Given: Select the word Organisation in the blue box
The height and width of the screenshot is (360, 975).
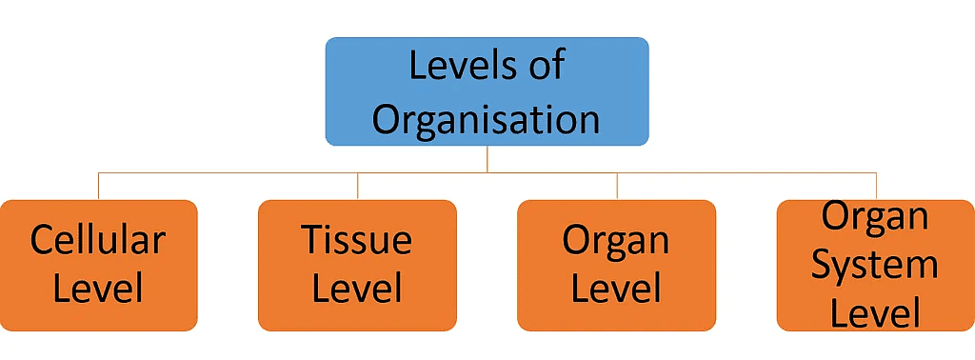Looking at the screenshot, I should click(x=487, y=120).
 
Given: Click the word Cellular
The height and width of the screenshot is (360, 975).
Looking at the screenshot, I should click(x=98, y=240).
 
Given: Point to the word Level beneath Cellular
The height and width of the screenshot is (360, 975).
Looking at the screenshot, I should click(x=98, y=289).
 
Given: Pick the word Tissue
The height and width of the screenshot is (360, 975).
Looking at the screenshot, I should click(x=357, y=240).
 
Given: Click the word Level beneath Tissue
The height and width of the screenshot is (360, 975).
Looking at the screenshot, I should click(x=357, y=289).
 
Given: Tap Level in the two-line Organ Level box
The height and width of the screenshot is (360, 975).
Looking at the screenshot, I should click(x=616, y=289).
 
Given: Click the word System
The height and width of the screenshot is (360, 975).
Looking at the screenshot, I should click(x=875, y=265).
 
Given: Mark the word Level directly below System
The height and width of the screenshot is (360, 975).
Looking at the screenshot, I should click(x=875, y=312).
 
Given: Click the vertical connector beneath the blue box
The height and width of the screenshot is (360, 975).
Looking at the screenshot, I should click(x=487, y=159).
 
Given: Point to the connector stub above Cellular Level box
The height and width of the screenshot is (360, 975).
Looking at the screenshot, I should click(x=99, y=186).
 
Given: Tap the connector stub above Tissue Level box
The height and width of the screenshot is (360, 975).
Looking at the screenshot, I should click(x=358, y=186).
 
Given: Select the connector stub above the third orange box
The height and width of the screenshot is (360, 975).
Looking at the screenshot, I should click(x=617, y=186).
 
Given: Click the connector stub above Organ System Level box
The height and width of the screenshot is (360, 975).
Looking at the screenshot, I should click(x=876, y=186).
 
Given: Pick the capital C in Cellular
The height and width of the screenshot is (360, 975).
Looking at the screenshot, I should click(x=43, y=240).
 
